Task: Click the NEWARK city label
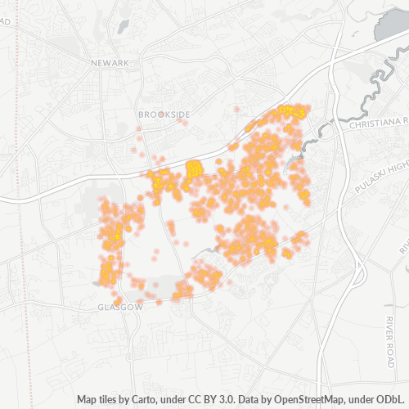click(110, 63)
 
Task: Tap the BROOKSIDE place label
click(164, 115)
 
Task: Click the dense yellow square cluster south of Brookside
click(194, 169)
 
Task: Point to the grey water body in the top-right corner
click(391, 25)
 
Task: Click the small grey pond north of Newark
click(123, 26)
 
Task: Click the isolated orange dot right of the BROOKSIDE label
click(236, 109)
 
